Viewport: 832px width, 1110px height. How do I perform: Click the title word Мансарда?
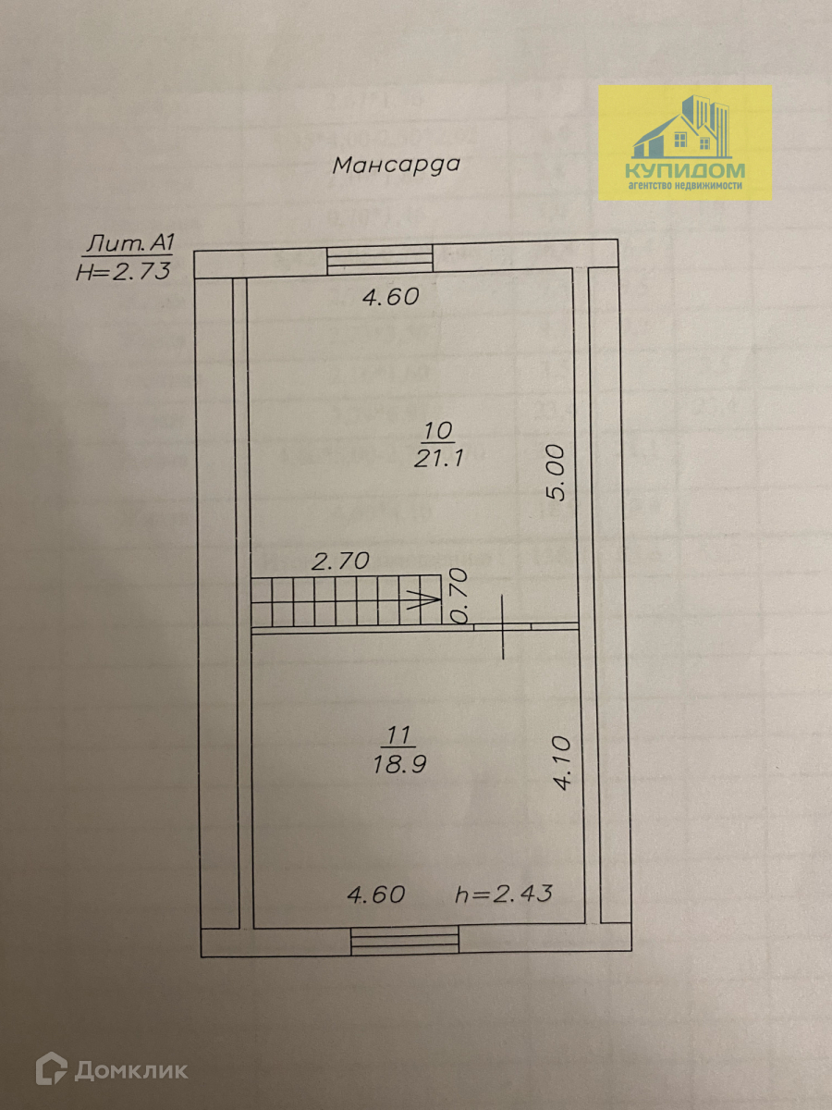click(x=396, y=166)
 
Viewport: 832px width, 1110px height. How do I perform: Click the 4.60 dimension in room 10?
click(x=389, y=297)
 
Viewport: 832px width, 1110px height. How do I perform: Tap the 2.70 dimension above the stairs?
click(x=339, y=560)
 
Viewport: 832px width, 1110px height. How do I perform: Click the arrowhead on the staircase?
click(x=427, y=598)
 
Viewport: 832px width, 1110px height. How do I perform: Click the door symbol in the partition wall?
click(x=503, y=626)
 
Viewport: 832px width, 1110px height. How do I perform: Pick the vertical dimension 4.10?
click(x=564, y=761)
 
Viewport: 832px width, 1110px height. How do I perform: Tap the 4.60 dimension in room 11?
click(x=376, y=894)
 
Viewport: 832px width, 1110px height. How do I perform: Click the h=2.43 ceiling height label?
click(x=504, y=894)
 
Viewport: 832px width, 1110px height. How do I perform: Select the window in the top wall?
click(x=380, y=259)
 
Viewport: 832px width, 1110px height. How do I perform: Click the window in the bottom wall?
click(x=406, y=943)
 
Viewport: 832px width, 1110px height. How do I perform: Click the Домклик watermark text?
click(x=131, y=1071)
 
